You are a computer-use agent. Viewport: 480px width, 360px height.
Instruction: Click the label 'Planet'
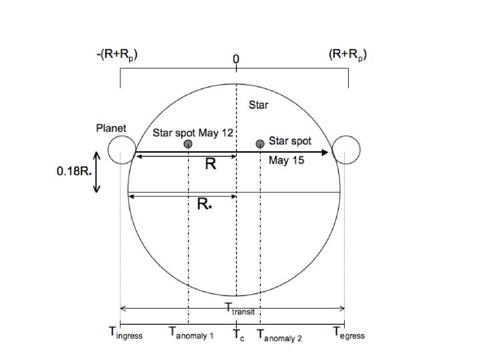coord(111,128)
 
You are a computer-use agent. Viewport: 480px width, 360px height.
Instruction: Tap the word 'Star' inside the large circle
coord(259,105)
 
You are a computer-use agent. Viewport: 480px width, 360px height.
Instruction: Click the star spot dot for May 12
coord(188,144)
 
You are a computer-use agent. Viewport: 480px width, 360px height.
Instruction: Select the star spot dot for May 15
coord(260,144)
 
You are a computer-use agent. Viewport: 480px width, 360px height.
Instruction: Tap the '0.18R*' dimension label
coord(74,171)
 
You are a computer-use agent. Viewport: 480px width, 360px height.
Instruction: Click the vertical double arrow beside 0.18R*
coord(97,172)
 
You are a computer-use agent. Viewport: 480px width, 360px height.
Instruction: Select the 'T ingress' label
coord(125,333)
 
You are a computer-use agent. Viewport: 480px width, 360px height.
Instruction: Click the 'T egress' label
coord(349,333)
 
